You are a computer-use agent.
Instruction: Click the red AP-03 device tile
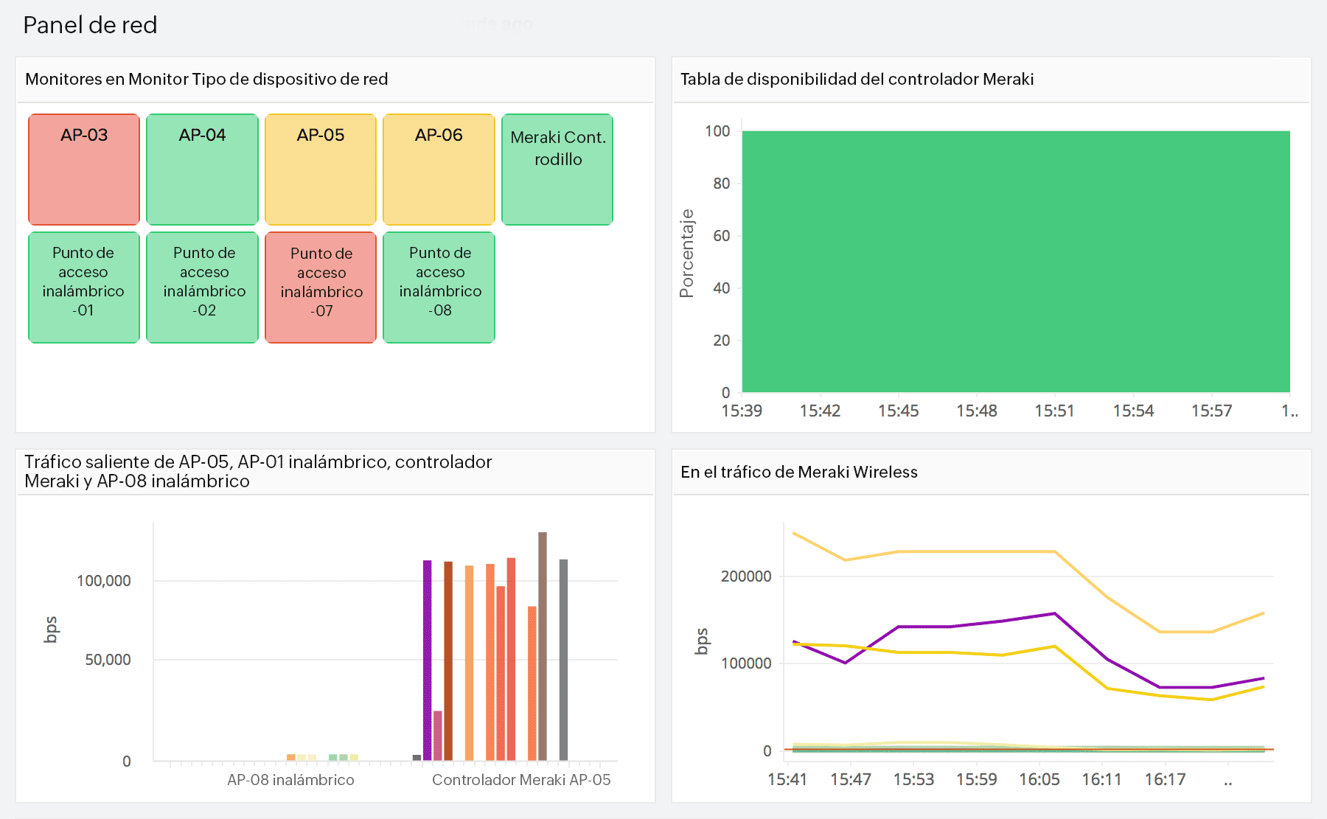[84, 170]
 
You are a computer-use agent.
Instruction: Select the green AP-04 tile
[202, 170]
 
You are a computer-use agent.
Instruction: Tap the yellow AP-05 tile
[321, 170]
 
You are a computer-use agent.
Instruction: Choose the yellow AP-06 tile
[439, 170]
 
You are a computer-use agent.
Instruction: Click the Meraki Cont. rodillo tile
[557, 170]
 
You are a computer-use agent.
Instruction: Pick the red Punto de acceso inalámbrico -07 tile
[321, 287]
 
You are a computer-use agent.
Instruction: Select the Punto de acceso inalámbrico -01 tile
[84, 287]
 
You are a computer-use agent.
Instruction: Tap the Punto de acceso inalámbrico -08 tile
[439, 287]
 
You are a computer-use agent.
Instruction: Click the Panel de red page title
[90, 25]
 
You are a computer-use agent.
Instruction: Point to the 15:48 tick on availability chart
[976, 411]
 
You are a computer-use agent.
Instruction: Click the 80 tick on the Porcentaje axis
[721, 184]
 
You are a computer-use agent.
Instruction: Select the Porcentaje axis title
[687, 254]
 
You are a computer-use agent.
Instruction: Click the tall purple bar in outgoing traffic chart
[427, 660]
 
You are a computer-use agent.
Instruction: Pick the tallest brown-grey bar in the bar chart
[543, 645]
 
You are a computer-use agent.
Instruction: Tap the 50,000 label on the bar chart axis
[108, 660]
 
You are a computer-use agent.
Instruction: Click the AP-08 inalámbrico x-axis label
[290, 780]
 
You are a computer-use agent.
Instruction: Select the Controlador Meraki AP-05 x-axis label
[521, 780]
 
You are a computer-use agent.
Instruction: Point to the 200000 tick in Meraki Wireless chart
[746, 576]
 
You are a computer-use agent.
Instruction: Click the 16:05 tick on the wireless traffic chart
[1039, 779]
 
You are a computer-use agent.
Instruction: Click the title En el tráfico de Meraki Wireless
[798, 472]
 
